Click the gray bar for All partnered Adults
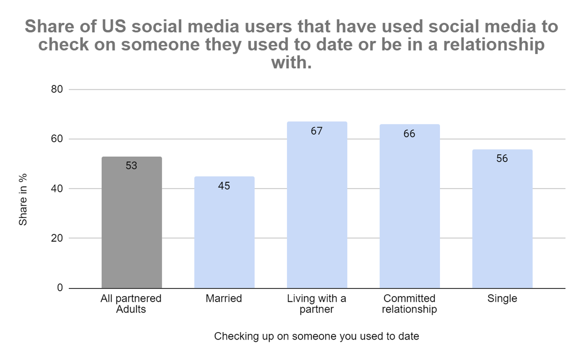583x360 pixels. (x=132, y=222)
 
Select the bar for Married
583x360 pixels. (x=225, y=232)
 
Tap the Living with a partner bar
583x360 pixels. (x=317, y=205)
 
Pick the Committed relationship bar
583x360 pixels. (x=409, y=206)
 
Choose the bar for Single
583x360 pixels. (x=502, y=219)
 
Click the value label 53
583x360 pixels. (x=132, y=166)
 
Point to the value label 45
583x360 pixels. (x=224, y=186)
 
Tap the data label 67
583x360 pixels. (x=317, y=131)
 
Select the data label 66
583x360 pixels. (x=409, y=134)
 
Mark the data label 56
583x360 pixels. (x=502, y=159)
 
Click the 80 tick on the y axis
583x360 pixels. (x=57, y=89)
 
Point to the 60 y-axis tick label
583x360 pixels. (x=57, y=139)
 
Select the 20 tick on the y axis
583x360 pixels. (x=57, y=238)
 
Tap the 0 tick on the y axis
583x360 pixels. (x=60, y=288)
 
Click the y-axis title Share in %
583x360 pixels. (x=23, y=200)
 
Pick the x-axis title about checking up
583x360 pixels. (x=317, y=336)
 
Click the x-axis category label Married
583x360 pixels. (x=224, y=298)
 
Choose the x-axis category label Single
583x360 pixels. (x=502, y=299)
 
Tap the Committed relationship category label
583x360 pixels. (x=409, y=304)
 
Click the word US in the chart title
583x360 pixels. (x=114, y=26)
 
